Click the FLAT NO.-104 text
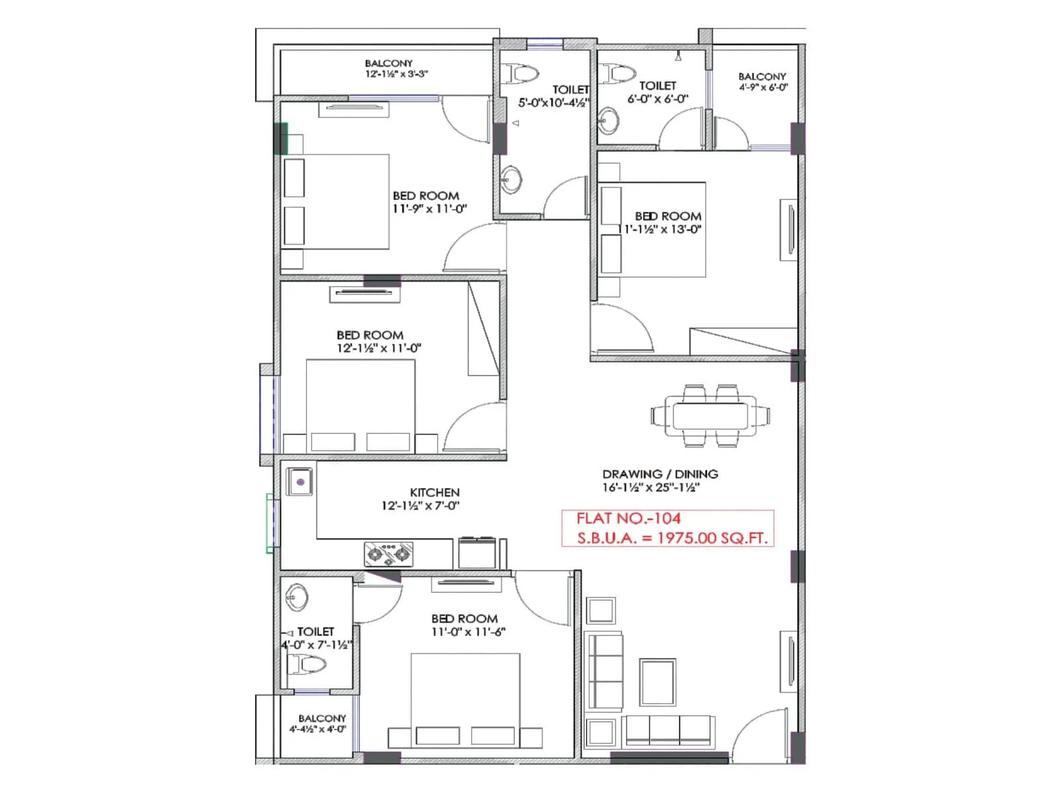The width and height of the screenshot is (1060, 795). [628, 519]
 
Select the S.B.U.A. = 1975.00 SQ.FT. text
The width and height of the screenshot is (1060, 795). [672, 538]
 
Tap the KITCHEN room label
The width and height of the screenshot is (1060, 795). [435, 492]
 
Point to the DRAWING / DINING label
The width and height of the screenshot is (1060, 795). [660, 474]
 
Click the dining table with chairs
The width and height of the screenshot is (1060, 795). [710, 416]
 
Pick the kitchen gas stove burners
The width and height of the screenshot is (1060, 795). [388, 554]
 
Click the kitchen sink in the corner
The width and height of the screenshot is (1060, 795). [299, 482]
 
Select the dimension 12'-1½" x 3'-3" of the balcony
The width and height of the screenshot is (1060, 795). [396, 74]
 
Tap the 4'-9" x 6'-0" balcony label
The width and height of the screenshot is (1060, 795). [763, 87]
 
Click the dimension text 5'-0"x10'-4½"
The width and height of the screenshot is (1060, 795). [553, 103]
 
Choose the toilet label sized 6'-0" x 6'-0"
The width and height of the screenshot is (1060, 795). [658, 86]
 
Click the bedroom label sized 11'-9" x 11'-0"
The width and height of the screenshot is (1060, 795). [426, 196]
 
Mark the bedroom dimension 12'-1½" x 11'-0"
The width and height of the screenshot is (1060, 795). [379, 348]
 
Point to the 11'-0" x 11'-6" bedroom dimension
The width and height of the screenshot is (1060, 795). [468, 632]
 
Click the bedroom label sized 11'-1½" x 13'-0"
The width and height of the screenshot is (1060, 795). [668, 217]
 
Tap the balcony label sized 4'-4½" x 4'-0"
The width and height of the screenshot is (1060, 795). [317, 729]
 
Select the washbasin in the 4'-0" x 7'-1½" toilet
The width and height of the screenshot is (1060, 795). [296, 597]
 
